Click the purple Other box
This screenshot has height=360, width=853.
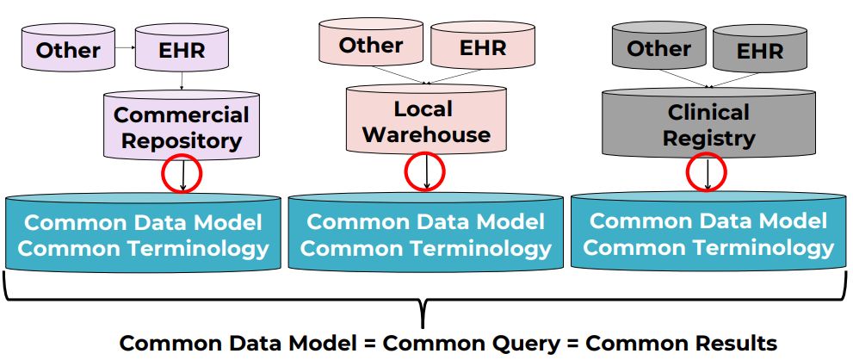tap(68, 50)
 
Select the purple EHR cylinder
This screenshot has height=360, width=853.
tap(182, 49)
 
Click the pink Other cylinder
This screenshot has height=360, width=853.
tap(370, 46)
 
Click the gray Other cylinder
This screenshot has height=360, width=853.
tap(658, 48)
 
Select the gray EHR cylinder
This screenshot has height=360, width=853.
tap(760, 51)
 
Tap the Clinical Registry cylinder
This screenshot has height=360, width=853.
tap(709, 125)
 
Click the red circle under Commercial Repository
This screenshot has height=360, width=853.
tap(182, 175)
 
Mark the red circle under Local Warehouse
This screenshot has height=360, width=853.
tap(425, 171)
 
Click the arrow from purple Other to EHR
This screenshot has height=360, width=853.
tap(124, 50)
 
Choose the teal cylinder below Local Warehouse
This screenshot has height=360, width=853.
tap(425, 234)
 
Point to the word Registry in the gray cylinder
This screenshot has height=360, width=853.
tap(710, 138)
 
